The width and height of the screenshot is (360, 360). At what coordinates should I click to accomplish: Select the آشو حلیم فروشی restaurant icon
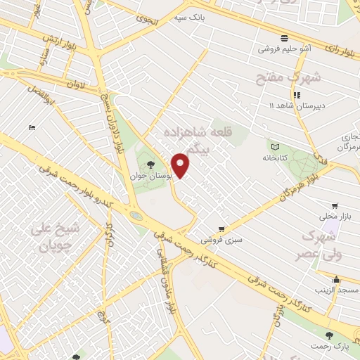click(283, 38)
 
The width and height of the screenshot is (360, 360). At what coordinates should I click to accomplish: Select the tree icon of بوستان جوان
click(151, 165)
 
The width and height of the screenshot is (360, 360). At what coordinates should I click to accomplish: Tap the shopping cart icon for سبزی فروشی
click(221, 229)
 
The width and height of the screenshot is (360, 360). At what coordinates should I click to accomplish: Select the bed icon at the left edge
click(32, 127)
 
